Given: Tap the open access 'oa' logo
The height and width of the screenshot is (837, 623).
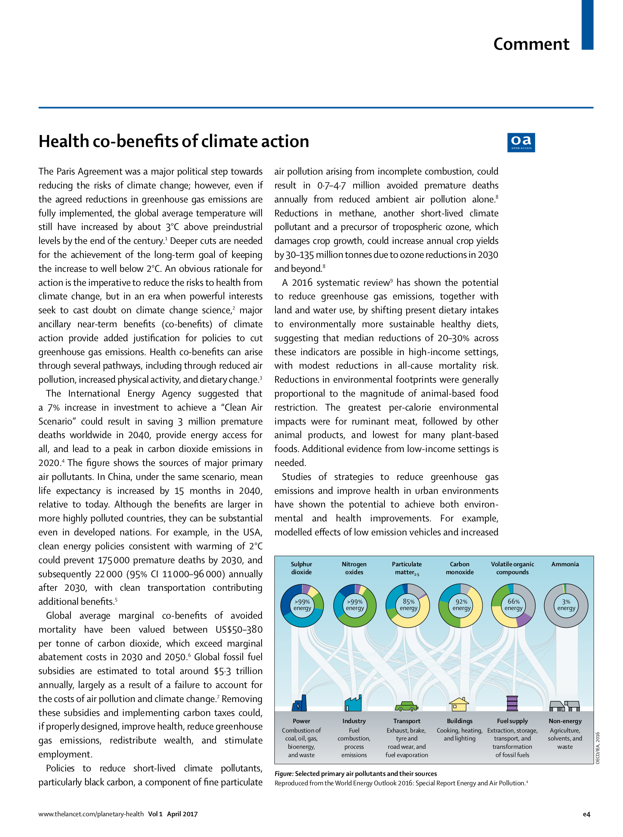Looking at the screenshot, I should pyautogui.click(x=521, y=142).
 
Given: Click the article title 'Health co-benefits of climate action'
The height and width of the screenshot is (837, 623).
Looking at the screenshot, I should pyautogui.click(x=173, y=141).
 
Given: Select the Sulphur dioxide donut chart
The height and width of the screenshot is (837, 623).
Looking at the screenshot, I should pyautogui.click(x=302, y=605).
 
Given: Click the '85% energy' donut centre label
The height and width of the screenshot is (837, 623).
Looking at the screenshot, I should pyautogui.click(x=408, y=605).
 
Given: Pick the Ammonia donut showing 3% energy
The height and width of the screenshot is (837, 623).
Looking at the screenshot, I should pyautogui.click(x=566, y=605).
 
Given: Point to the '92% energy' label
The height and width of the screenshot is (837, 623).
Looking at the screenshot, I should pyautogui.click(x=461, y=605).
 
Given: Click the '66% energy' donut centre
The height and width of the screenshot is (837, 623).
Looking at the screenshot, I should pyautogui.click(x=513, y=605).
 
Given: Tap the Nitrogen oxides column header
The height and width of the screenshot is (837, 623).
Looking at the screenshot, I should pyautogui.click(x=354, y=568).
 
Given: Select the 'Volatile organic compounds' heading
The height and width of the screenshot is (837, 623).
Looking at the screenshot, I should pyautogui.click(x=512, y=568).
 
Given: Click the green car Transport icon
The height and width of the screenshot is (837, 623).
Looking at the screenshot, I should pyautogui.click(x=406, y=706).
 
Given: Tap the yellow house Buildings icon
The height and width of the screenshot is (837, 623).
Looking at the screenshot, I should pyautogui.click(x=459, y=704).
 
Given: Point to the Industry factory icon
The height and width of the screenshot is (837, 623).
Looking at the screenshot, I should pyautogui.click(x=353, y=703).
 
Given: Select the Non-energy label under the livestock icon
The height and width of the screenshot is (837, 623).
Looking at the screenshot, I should pyautogui.click(x=565, y=721).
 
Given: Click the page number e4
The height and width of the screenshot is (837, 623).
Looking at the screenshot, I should pyautogui.click(x=586, y=814).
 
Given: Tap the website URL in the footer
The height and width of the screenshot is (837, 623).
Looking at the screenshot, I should pyautogui.click(x=91, y=814).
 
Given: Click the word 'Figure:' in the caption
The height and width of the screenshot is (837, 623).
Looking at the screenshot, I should pyautogui.click(x=284, y=774).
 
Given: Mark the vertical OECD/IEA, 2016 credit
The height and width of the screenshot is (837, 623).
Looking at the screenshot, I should pyautogui.click(x=598, y=748).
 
